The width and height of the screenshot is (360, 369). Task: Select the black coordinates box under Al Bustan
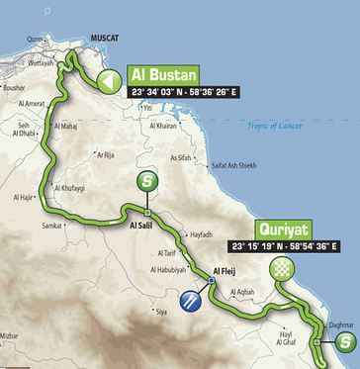point(187,93)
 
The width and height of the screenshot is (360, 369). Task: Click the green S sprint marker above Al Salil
point(146,181)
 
